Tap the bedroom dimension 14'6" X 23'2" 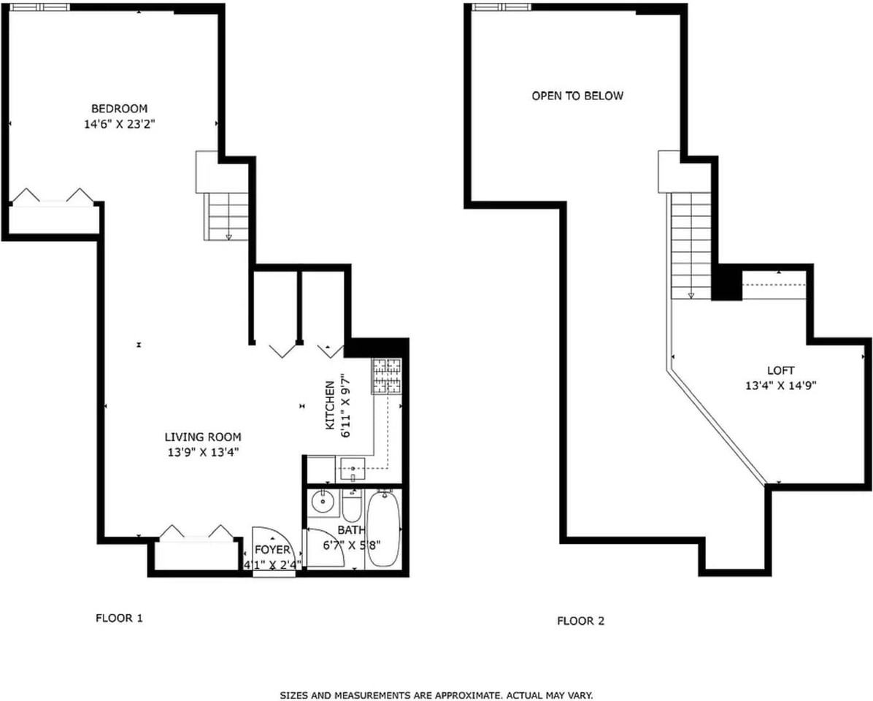(119, 125)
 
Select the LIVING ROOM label (202, 437)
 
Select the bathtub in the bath (383, 529)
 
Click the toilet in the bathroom (352, 505)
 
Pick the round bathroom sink (320, 502)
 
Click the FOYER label (272, 550)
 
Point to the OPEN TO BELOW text (577, 96)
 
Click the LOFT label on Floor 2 (780, 370)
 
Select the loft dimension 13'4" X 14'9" (780, 386)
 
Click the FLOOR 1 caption (119, 618)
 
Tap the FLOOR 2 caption (580, 621)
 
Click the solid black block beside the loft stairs (726, 283)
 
